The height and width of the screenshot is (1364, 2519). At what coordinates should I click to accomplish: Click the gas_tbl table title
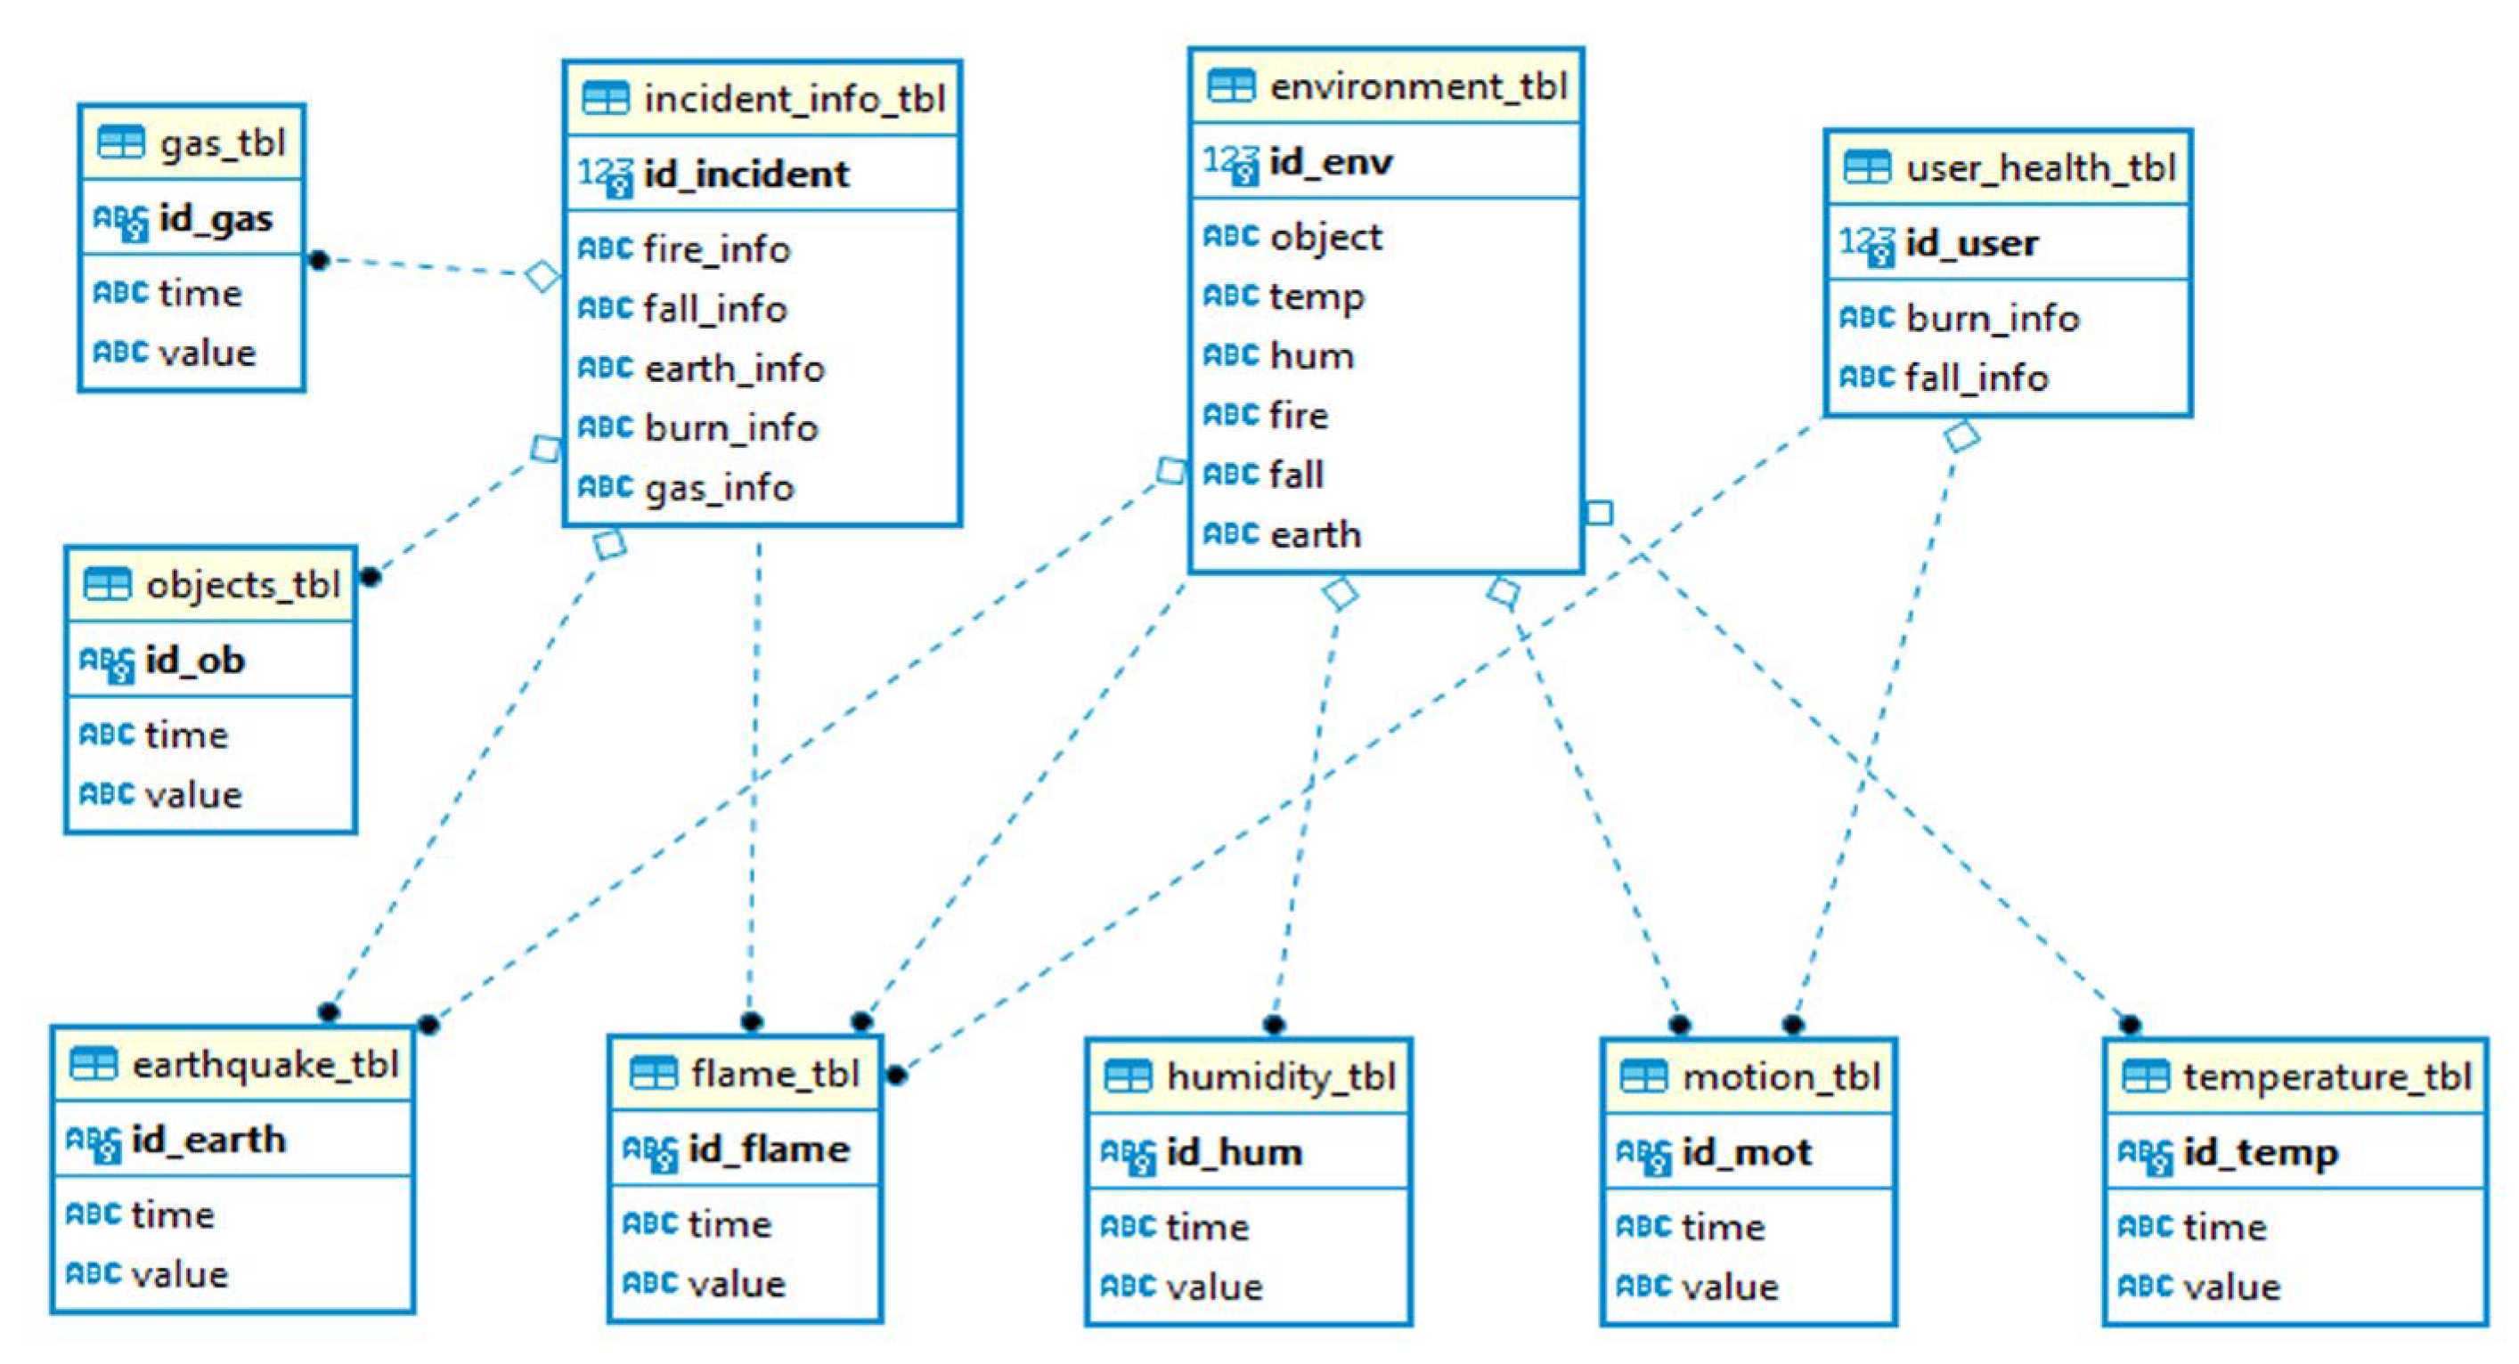click(x=222, y=143)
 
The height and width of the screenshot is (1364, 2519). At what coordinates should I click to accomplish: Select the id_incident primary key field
click(x=746, y=174)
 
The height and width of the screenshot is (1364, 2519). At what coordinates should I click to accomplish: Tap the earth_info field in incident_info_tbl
click(x=734, y=369)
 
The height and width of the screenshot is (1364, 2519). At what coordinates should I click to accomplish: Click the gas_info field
click(x=719, y=487)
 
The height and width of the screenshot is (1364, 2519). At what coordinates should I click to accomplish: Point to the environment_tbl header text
click(x=1418, y=87)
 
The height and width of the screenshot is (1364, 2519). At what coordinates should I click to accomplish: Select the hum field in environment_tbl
click(x=1311, y=355)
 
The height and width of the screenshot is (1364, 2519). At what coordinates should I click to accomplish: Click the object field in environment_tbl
click(x=1325, y=237)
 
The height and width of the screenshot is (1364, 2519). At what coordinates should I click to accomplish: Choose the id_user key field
click(x=1970, y=243)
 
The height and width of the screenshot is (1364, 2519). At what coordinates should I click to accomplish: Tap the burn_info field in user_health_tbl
click(x=1992, y=318)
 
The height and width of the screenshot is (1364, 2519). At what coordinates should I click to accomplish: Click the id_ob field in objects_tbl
click(x=194, y=661)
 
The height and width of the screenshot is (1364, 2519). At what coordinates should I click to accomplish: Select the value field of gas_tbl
click(x=208, y=352)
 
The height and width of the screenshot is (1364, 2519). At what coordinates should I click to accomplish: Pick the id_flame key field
click(x=768, y=1149)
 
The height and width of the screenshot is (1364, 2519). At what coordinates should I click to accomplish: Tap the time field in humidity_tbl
click(x=1208, y=1227)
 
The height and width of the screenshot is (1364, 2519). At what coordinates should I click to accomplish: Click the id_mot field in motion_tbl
click(x=1747, y=1153)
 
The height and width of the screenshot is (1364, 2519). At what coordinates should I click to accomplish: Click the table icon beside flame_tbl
click(x=653, y=1074)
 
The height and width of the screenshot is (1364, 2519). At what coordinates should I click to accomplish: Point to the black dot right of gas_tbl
click(x=318, y=259)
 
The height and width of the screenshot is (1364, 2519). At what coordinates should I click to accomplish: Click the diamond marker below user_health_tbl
click(x=1961, y=436)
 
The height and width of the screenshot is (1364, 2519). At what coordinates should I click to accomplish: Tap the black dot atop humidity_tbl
click(x=1273, y=1025)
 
